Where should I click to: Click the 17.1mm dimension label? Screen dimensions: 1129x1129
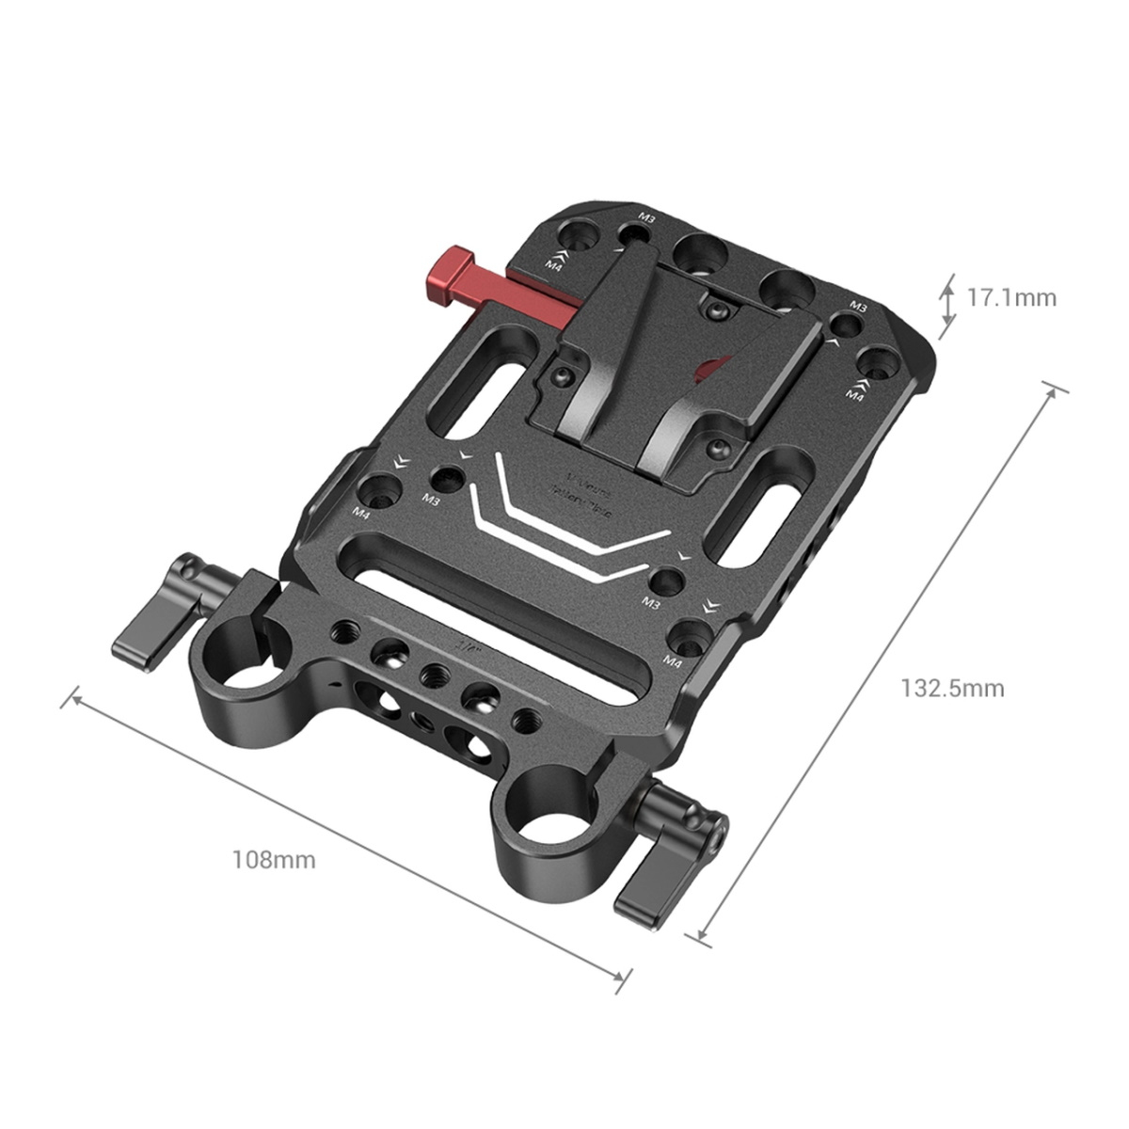coord(1011,298)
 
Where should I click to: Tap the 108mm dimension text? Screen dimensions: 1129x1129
coord(274,859)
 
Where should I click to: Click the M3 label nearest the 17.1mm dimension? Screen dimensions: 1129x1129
coord(857,306)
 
